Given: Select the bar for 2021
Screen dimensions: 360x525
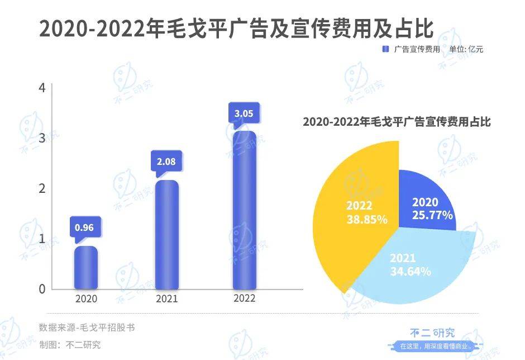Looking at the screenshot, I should pyautogui.click(x=166, y=235).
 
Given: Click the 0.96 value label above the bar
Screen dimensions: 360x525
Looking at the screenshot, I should pyautogui.click(x=85, y=228).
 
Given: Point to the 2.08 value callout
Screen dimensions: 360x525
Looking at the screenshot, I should pyautogui.click(x=166, y=162).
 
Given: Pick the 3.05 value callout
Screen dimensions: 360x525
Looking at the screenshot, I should pyautogui.click(x=244, y=113).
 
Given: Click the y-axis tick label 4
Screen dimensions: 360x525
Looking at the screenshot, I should pyautogui.click(x=42, y=88).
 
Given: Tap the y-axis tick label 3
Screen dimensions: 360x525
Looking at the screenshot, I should pyautogui.click(x=42, y=138).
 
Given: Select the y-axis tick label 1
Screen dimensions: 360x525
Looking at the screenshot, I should pyautogui.click(x=42, y=239).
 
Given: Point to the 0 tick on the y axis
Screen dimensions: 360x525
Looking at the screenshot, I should pyautogui.click(x=42, y=289).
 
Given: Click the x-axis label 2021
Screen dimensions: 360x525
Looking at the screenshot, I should pyautogui.click(x=166, y=299).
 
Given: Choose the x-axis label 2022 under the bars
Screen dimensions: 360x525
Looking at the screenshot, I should pyautogui.click(x=244, y=298).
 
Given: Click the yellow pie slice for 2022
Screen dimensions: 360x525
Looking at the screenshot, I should pyautogui.click(x=352, y=212).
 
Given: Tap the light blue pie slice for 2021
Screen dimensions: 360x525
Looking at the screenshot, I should pyautogui.click(x=413, y=263).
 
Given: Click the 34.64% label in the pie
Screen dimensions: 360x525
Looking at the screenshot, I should pyautogui.click(x=411, y=272).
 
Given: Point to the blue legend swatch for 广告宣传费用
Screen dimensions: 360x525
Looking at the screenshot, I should pyautogui.click(x=385, y=49).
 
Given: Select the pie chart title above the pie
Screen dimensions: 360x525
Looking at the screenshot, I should pyautogui.click(x=397, y=122).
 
